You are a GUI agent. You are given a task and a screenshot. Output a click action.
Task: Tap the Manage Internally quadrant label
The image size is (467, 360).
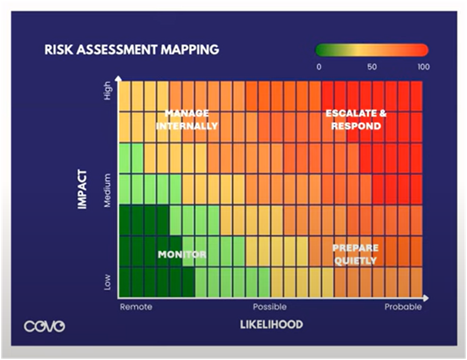187,120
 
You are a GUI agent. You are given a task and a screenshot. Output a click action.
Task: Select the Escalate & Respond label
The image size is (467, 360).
356,120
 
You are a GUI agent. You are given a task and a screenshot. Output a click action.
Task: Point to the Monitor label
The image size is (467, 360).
182,255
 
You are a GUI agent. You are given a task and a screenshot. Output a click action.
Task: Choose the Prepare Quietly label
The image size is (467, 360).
355,254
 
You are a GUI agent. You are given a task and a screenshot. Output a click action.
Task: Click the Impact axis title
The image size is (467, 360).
82,189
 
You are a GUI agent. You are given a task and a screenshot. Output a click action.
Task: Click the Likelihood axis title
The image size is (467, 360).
271,325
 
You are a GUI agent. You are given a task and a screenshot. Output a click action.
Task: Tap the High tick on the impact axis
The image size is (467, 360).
108,90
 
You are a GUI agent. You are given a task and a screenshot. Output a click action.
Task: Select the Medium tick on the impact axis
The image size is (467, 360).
108,190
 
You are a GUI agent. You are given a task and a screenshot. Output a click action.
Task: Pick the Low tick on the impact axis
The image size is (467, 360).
108,282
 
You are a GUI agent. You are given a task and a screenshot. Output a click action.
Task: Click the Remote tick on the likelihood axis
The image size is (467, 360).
136,307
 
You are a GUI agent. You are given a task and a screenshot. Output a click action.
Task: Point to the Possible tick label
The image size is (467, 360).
270,307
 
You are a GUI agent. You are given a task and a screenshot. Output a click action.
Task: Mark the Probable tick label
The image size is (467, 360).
403,307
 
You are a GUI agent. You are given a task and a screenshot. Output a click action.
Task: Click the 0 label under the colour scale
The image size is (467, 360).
319,67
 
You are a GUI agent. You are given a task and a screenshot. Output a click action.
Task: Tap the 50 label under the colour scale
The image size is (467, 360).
372,67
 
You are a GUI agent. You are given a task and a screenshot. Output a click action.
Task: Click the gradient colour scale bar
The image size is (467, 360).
372,50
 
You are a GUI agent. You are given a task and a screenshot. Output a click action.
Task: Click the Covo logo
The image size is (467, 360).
45,326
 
